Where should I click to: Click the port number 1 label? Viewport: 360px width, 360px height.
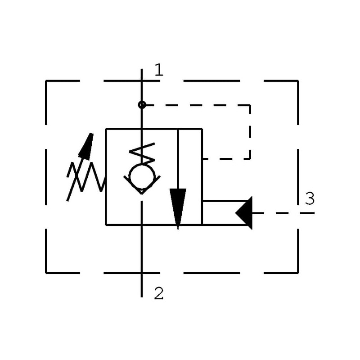tap(158, 70)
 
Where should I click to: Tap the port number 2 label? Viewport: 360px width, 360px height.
tap(158, 293)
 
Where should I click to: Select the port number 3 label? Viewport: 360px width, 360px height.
tap(310, 198)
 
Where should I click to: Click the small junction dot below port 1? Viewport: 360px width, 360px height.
tap(142, 105)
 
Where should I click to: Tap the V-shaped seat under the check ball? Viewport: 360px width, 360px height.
tap(142, 189)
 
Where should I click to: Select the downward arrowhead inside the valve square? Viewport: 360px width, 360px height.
tap(178, 207)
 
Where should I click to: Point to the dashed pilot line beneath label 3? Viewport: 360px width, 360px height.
tap(283, 213)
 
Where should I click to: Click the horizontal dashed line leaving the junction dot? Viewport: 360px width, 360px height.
tap(193, 105)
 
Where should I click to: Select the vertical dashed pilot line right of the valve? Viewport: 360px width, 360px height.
tap(250, 133)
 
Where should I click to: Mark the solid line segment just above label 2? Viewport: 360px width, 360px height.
tap(142, 283)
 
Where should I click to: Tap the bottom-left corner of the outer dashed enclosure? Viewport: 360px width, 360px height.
tap(46, 273)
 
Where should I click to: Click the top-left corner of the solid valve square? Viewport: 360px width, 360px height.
tap(106, 129)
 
